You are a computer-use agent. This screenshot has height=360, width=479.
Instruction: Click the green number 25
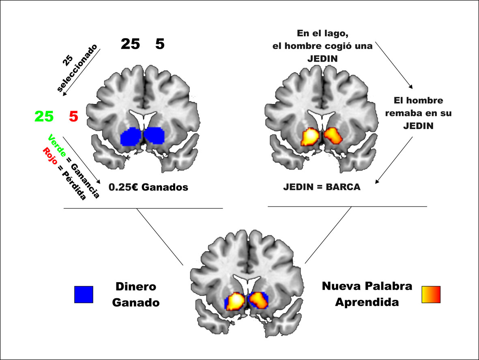coord(44,117)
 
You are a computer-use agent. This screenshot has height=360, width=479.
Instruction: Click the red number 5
coord(73,117)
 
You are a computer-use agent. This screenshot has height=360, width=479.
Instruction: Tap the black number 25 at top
coord(130,44)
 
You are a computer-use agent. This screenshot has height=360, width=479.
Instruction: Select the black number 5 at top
coord(160,44)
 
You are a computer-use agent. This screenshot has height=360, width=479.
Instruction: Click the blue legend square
coord(84,294)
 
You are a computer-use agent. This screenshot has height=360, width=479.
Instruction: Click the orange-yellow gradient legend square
coord(431,294)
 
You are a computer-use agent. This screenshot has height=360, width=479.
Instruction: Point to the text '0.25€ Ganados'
coord(148,188)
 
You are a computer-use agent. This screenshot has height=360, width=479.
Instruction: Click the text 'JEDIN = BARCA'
coord(322,188)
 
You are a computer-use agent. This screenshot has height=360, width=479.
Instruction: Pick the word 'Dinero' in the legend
coord(136,287)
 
